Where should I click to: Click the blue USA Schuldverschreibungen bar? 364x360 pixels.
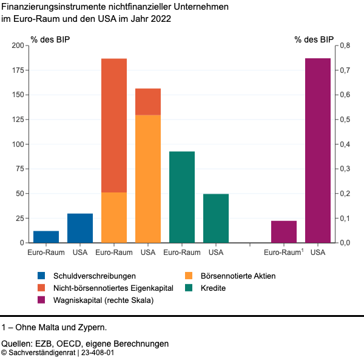pos(80,228)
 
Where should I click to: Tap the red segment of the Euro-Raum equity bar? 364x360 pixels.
pos(114,125)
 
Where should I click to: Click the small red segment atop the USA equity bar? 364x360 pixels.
pos(148,101)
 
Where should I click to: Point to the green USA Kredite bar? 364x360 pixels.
pos(216,218)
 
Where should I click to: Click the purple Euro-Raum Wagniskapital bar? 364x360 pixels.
pos(284,231)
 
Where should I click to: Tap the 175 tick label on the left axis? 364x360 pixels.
pos(18,70)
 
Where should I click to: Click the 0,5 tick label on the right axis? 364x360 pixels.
pos(345,120)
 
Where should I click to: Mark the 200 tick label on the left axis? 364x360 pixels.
pos(18,46)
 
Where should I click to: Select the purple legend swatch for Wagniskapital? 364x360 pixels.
pos(41,300)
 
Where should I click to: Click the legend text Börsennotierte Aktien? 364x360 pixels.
pos(238,276)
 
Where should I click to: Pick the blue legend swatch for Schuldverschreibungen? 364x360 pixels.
pos(41,276)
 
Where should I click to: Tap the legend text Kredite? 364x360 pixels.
pos(213,288)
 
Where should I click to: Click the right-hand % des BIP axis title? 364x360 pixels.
pos(314,40)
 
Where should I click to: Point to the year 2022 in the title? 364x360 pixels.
pos(161,18)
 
